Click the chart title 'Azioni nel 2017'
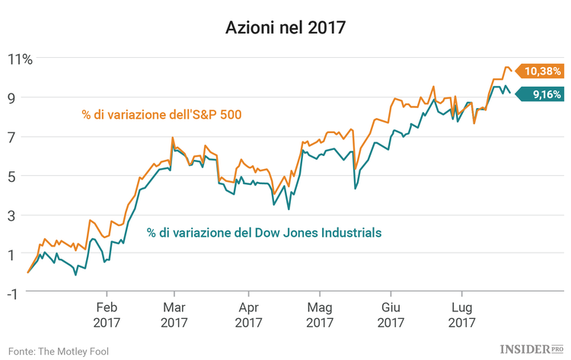point(285,28)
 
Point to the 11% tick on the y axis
point(20,58)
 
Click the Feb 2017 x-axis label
point(107,315)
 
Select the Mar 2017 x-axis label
point(174,315)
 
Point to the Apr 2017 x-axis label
point(247,315)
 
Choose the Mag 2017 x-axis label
point(319,315)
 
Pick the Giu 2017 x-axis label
point(391,315)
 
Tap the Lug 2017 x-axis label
point(461,315)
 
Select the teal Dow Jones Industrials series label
point(264,232)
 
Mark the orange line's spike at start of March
point(172,138)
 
